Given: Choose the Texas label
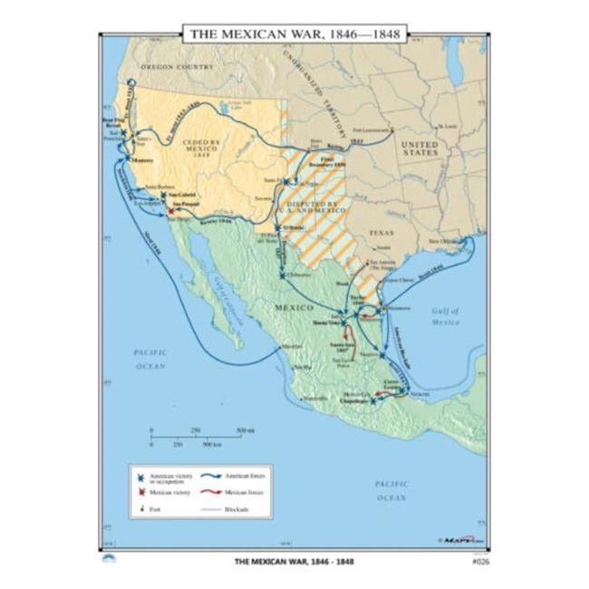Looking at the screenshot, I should [x=381, y=232].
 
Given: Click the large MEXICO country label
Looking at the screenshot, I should [x=293, y=308].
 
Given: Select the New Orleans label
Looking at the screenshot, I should [x=445, y=241].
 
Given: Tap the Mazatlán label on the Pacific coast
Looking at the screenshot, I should [x=291, y=347].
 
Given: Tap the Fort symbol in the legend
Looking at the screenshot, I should [x=141, y=508].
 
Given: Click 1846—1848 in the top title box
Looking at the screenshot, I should [x=354, y=34].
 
